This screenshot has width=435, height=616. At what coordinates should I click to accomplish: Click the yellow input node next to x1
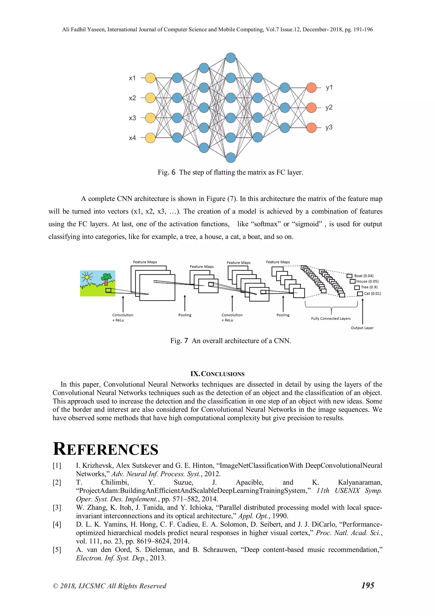(150, 78)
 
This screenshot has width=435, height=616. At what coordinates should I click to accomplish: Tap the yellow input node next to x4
(150, 138)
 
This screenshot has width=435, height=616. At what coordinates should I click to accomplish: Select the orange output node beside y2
(311, 108)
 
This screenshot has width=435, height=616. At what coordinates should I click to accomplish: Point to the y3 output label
(329, 127)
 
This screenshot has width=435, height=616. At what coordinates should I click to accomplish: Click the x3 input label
(132, 118)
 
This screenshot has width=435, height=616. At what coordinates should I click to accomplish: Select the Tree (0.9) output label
(369, 287)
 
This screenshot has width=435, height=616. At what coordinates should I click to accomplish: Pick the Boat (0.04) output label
(364, 276)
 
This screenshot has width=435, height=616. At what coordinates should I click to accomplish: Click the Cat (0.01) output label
(372, 293)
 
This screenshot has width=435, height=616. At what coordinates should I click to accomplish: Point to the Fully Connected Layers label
(331, 319)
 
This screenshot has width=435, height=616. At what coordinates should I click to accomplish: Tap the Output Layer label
(362, 328)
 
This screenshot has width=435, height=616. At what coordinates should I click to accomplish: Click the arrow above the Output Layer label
(363, 311)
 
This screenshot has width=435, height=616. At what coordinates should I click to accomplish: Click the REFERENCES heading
(106, 449)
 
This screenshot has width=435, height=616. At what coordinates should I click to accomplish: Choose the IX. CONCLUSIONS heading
(217, 374)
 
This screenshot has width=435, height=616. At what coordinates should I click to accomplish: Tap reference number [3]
(57, 507)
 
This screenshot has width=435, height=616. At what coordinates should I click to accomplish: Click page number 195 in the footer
(367, 585)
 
